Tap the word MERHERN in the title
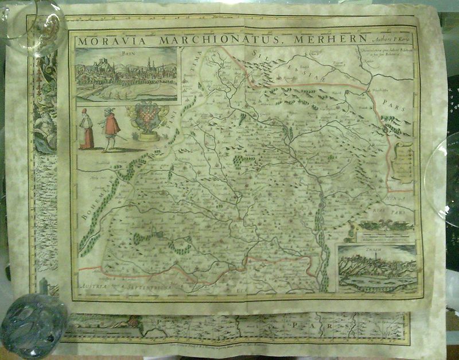tap(328, 39)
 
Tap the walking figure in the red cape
tap(110, 128)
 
